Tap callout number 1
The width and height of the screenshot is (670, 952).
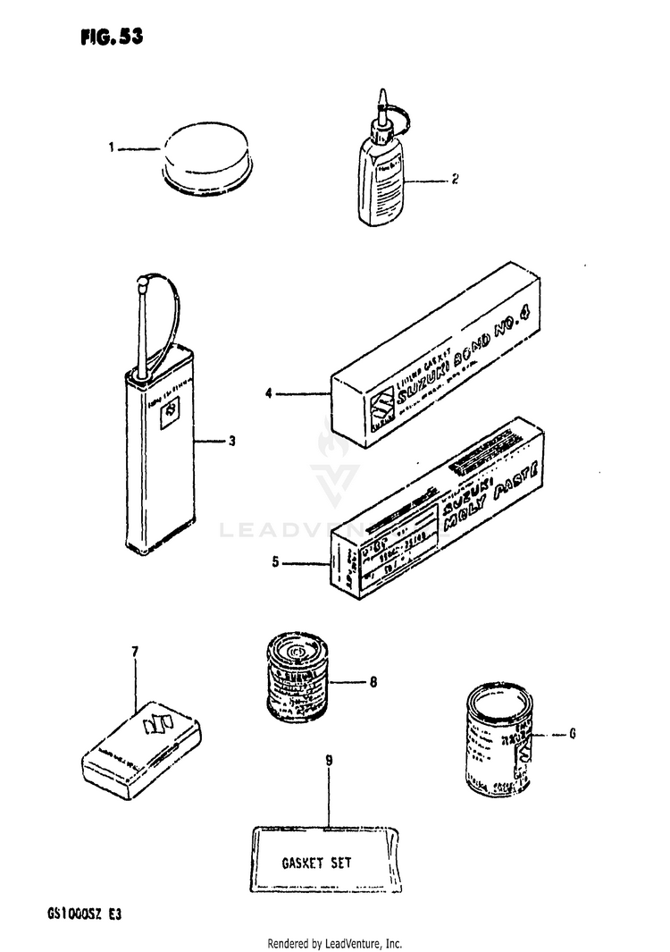point(113,148)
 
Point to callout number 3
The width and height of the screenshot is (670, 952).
point(231,442)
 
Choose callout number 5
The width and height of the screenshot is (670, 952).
point(276,563)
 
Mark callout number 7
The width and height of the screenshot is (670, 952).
point(135,652)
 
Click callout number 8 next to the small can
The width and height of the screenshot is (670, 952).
point(373,683)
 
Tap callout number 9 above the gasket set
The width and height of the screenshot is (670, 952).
point(329,761)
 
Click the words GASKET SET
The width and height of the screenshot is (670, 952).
point(317,863)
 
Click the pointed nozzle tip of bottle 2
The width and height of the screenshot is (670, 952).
point(382,95)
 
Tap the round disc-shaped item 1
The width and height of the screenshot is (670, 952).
point(207,156)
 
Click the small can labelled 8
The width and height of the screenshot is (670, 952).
point(297,677)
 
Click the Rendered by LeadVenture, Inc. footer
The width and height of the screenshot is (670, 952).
point(335,943)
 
